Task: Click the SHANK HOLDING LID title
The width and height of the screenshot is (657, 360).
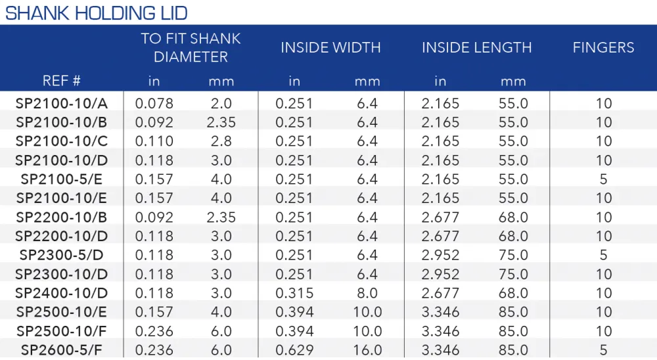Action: (x=96, y=13)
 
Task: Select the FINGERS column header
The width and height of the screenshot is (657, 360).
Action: (x=603, y=47)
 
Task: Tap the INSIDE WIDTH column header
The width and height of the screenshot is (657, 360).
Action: (x=330, y=47)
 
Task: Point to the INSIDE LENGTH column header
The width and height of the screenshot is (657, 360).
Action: (x=476, y=47)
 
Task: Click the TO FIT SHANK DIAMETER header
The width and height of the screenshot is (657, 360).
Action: (x=191, y=47)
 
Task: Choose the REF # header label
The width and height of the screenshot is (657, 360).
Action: (x=61, y=80)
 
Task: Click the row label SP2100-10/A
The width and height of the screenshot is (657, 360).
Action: (x=62, y=103)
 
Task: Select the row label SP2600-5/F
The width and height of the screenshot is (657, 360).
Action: (x=62, y=350)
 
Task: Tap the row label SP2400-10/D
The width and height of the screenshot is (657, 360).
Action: (x=62, y=293)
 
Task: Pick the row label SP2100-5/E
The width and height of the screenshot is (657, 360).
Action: (x=62, y=179)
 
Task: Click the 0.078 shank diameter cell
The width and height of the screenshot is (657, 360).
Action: (x=154, y=103)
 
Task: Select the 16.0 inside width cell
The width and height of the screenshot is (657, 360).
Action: (x=367, y=350)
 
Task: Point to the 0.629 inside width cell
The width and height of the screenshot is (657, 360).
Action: (x=294, y=350)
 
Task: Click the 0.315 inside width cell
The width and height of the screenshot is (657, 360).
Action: (x=294, y=293)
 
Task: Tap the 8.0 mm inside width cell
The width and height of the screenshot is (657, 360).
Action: (x=367, y=293)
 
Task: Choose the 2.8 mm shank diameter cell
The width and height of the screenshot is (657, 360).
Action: (x=221, y=141)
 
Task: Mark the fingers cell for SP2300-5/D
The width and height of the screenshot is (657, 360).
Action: (x=603, y=255)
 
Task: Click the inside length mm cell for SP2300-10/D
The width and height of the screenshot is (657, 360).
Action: (x=513, y=274)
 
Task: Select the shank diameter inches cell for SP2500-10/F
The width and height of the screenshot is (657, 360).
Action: (x=154, y=331)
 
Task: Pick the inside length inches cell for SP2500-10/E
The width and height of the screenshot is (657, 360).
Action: (x=440, y=312)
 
